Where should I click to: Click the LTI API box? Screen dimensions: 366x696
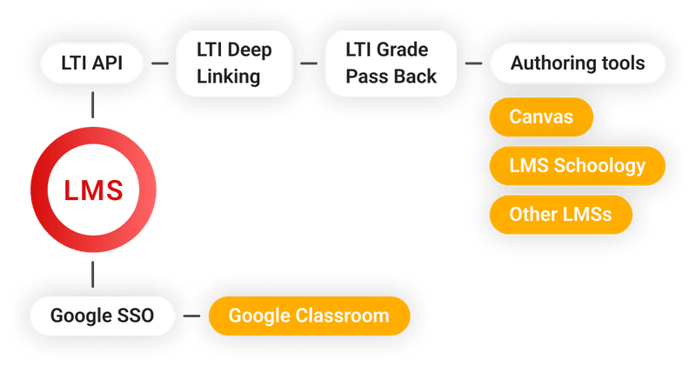point(92,63)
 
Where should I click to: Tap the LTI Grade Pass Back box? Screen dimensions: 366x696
point(391,63)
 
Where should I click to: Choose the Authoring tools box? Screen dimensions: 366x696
point(577,63)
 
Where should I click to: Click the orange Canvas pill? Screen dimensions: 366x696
point(540,116)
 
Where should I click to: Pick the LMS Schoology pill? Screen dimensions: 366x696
point(577,165)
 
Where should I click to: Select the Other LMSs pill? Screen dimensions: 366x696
point(560,214)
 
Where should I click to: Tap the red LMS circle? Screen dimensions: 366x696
point(92,190)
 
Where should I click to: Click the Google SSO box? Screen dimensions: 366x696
point(102,316)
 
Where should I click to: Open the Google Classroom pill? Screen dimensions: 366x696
point(309,316)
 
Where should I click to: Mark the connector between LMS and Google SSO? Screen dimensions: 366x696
point(92,272)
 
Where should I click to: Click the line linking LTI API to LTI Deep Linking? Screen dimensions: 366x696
point(159,63)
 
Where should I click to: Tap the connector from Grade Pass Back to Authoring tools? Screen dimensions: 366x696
point(474,63)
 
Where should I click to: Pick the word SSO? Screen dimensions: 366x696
point(134,316)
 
